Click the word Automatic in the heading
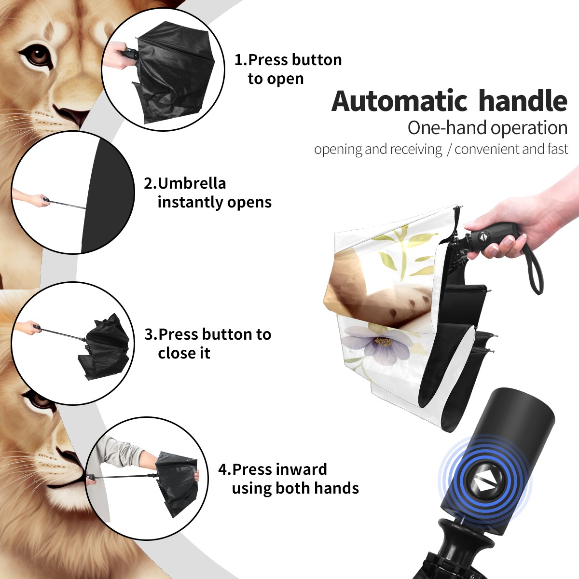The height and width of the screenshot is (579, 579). coord(400,101)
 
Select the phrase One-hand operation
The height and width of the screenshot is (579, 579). coord(487,128)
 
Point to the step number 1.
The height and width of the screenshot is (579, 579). coord(240,60)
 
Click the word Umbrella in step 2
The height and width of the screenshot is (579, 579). coord(192,183)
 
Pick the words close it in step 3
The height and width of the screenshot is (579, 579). coord(184,353)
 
